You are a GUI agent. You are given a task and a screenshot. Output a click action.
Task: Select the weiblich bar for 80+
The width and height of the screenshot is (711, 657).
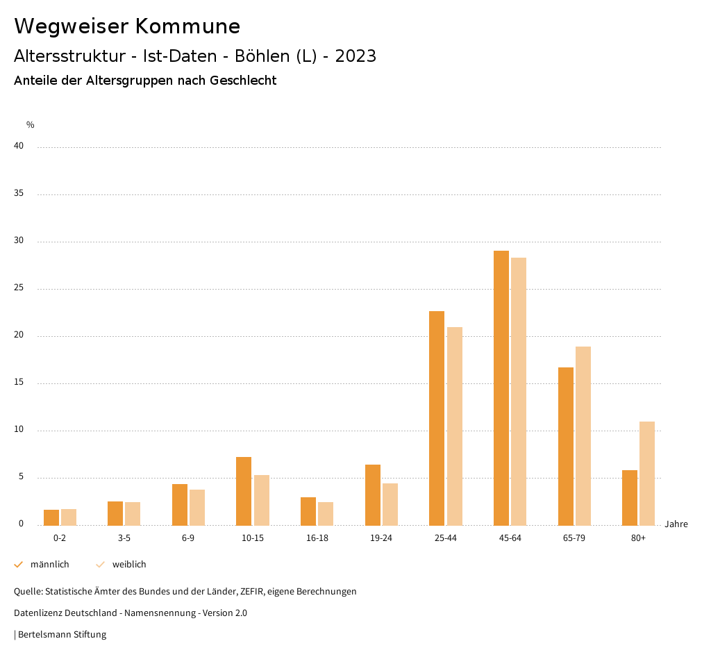click(x=647, y=473)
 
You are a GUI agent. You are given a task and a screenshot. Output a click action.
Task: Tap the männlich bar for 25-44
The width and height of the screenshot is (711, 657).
click(x=437, y=418)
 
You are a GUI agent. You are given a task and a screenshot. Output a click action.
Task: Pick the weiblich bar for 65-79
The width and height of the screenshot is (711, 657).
click(x=583, y=435)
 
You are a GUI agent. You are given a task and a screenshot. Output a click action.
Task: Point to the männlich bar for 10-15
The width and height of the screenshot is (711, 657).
click(x=244, y=491)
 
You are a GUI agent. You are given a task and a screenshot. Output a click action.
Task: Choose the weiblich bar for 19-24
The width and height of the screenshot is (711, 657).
click(x=390, y=504)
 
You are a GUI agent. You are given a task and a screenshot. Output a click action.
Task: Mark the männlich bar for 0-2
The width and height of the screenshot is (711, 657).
click(x=51, y=517)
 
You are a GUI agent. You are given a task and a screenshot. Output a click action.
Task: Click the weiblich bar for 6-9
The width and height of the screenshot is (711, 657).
click(x=197, y=507)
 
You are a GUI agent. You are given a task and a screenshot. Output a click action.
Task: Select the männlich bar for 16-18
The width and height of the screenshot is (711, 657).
click(x=308, y=511)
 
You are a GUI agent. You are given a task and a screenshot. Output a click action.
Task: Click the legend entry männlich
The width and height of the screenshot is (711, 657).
click(x=49, y=565)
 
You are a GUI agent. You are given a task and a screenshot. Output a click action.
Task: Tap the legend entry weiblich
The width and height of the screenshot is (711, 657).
click(x=129, y=565)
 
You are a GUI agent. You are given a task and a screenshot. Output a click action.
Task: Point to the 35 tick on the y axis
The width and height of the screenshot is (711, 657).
click(x=19, y=193)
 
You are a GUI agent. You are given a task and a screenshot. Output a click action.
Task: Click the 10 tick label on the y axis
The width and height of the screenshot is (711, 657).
click(x=19, y=429)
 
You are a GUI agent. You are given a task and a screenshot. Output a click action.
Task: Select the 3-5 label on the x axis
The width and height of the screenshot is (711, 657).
click(x=124, y=538)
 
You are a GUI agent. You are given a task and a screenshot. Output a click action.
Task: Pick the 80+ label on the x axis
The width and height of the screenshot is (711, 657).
click(x=639, y=538)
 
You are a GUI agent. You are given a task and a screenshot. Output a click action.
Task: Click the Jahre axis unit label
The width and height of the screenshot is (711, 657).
click(x=676, y=524)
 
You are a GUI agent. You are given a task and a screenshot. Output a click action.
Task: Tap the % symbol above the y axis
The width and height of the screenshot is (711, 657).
click(x=31, y=125)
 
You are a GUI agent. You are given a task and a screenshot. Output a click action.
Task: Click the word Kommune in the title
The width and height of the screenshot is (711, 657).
click(x=187, y=26)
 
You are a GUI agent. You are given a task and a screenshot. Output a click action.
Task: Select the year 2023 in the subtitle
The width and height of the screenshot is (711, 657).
click(x=355, y=56)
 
